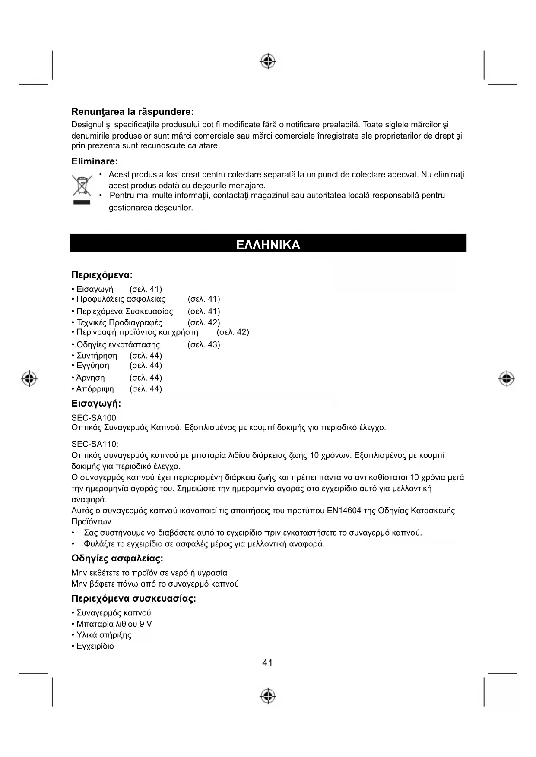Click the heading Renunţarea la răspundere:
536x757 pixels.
[132, 112]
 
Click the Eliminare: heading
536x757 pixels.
[95, 161]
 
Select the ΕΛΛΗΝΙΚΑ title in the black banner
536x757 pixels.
[268, 245]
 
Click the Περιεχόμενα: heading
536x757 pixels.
[102, 275]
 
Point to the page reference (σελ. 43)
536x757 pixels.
[204, 345]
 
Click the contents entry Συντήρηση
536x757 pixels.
[97, 356]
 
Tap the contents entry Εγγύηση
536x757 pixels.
[93, 366]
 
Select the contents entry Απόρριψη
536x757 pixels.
[95, 389]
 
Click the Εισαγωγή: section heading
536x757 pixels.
[96, 404]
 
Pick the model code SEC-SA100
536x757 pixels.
[94, 418]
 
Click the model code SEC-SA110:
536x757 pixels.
[95, 444]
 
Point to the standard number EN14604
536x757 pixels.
[344, 511]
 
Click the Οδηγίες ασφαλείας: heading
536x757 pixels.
[117, 558]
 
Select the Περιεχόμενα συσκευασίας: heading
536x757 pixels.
[133, 599]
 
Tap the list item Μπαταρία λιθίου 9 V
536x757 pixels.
[114, 624]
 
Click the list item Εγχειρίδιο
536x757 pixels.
[95, 646]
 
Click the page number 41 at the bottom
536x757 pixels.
[267, 662]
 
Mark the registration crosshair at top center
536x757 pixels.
[268, 62]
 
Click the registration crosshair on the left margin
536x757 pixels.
[29, 378]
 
